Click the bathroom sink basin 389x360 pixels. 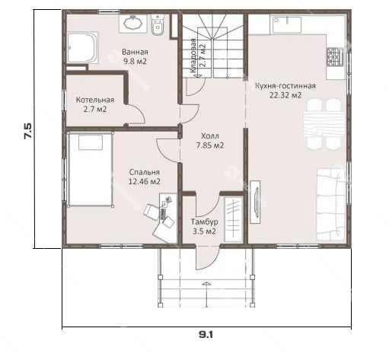coord(133,23)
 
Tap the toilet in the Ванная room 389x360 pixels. coord(158,24)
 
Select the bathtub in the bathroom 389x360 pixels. coord(82,47)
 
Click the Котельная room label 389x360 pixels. coord(95,100)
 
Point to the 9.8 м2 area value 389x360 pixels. coord(135,61)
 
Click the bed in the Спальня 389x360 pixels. coord(90,169)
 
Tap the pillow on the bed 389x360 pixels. coord(91,142)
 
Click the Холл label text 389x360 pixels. coord(210,136)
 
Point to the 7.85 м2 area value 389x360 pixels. coord(210,145)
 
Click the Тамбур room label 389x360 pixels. coord(204,221)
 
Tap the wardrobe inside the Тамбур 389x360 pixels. coord(233,218)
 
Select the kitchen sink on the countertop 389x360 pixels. coord(287,25)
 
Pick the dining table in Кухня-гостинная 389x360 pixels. coord(324,124)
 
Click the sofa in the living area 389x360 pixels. coord(331,205)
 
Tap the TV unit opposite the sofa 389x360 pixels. coord(255,202)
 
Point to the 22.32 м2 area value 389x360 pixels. coord(285,95)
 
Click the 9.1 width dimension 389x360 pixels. coord(206,335)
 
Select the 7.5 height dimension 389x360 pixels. coord(27,131)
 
